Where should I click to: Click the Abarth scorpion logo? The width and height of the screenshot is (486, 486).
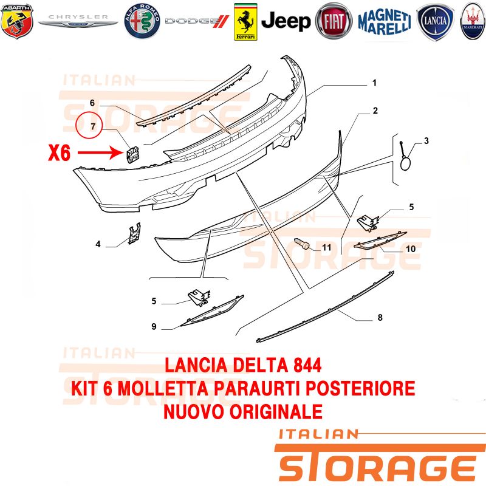click(x=17, y=21)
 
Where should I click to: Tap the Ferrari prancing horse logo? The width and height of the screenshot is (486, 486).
click(x=245, y=22)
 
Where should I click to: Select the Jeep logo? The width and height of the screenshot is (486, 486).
click(x=286, y=21)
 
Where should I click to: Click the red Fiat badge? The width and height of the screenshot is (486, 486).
click(x=334, y=21)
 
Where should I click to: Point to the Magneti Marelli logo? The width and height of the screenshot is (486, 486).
click(x=385, y=22)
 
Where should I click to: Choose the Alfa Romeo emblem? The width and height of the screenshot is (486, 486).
click(x=142, y=21)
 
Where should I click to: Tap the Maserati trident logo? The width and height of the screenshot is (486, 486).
click(x=473, y=21)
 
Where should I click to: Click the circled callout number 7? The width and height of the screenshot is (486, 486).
click(x=89, y=126)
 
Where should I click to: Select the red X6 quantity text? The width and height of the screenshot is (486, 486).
click(x=59, y=153)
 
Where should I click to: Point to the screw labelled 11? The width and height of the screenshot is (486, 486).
click(x=301, y=244)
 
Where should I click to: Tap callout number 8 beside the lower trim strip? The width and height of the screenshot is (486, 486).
click(x=380, y=317)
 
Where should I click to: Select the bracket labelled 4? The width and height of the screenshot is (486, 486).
click(x=135, y=233)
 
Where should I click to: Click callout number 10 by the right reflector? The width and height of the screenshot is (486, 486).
click(x=411, y=249)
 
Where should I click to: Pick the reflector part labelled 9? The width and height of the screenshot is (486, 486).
click(x=212, y=310)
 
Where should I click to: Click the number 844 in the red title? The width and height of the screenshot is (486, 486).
click(x=306, y=366)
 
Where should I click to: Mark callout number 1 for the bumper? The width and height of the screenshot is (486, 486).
click(x=374, y=83)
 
